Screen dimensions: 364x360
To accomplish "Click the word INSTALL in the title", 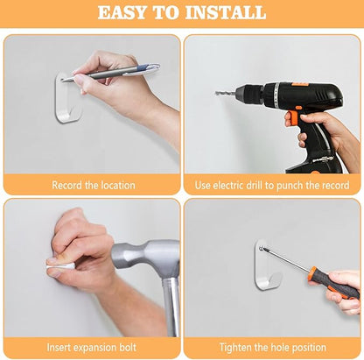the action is tap(226, 12).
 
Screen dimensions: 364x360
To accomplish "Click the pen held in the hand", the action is tap(111, 73).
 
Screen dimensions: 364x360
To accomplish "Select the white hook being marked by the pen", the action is tap(68, 98).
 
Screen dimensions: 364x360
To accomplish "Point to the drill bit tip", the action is tap(216, 93).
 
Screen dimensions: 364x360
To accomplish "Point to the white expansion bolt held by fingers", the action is tap(60, 267).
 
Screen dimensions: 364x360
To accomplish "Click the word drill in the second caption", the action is tap(255, 186).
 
